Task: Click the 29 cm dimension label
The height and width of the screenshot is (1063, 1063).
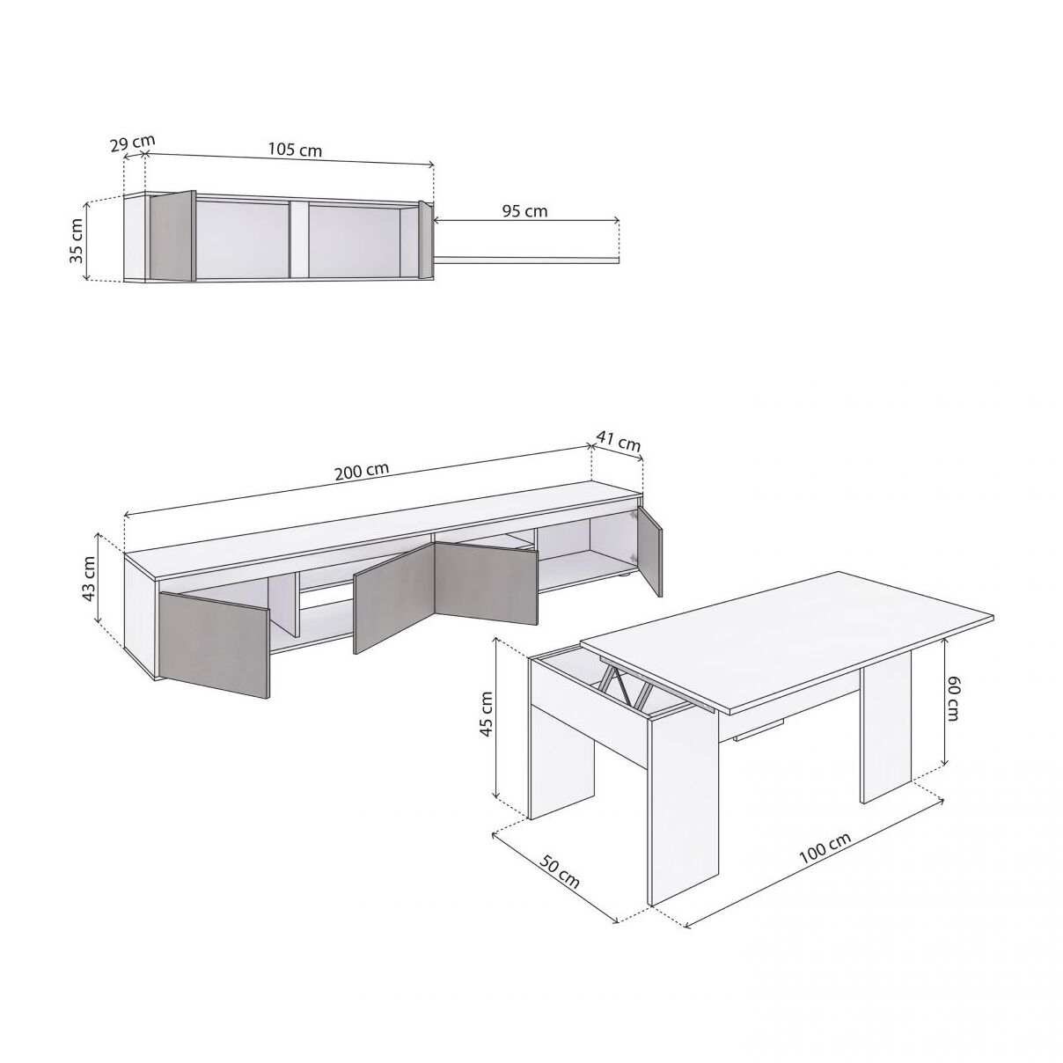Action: (133, 143)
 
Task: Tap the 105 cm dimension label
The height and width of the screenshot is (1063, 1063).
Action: (295, 150)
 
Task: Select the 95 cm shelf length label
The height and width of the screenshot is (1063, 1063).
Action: (524, 211)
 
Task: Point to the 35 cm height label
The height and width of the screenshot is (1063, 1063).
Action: (77, 241)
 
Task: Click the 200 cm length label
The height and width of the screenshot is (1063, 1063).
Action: (362, 471)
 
